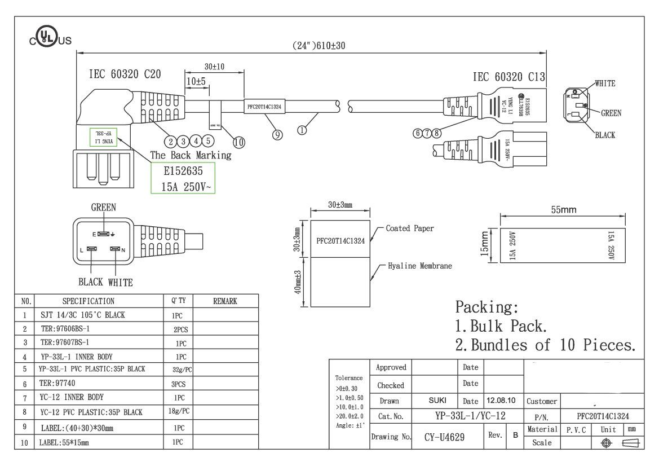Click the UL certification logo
coord(50,39)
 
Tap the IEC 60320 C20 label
coord(125,74)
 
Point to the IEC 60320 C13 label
coord(508,77)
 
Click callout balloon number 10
coord(238,142)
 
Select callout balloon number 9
coord(277,134)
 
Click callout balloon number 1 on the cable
coord(302,130)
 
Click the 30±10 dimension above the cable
coord(214,67)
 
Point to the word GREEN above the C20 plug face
coord(104,208)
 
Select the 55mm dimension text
coord(563,210)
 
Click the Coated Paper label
coord(410,228)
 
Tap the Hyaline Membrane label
coord(419,265)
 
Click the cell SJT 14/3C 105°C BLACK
coord(83,315)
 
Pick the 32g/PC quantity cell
coord(181,370)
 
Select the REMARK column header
coord(225,301)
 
